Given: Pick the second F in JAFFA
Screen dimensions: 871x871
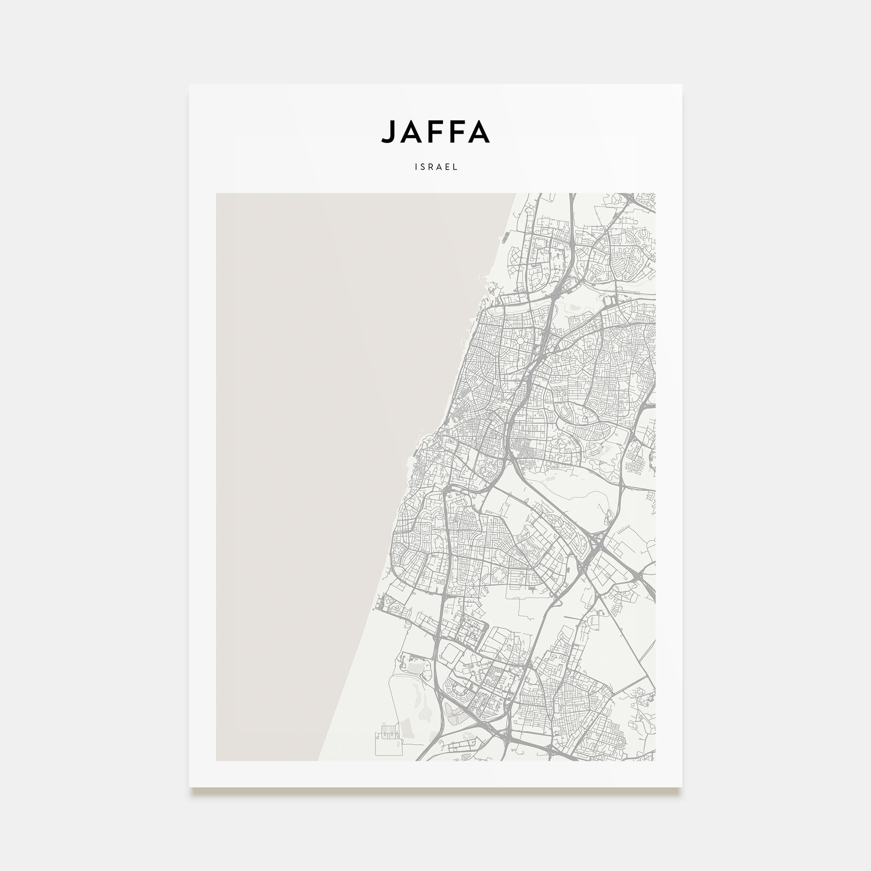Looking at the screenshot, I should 455,132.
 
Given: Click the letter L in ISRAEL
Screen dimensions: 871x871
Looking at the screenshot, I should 456,167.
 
